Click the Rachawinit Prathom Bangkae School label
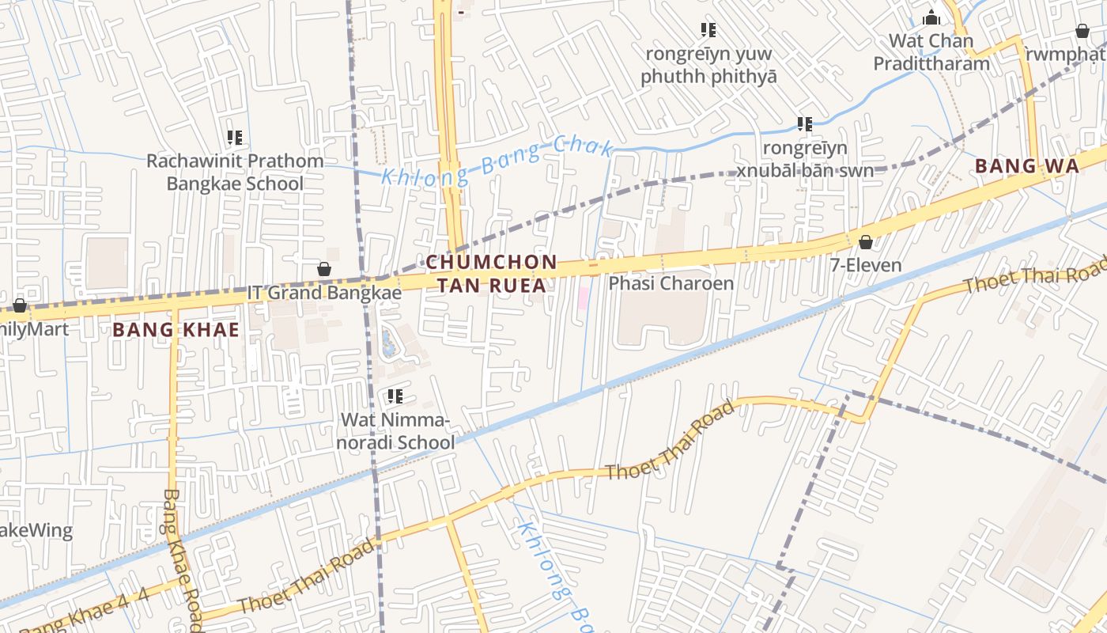235,172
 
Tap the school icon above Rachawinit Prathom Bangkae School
235,138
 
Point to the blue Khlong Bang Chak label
497,161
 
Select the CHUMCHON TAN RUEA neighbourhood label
491,273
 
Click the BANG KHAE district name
176,330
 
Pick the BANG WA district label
1026,166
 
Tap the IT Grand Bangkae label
324,293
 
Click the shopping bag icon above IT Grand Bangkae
324,269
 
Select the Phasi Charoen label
671,283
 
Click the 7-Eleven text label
866,265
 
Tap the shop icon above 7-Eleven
866,242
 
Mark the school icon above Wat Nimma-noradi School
395,396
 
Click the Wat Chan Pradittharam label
931,52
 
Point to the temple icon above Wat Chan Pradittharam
931,17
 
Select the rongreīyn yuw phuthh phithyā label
708,66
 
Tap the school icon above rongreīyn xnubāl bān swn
805,124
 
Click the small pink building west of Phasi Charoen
584,298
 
